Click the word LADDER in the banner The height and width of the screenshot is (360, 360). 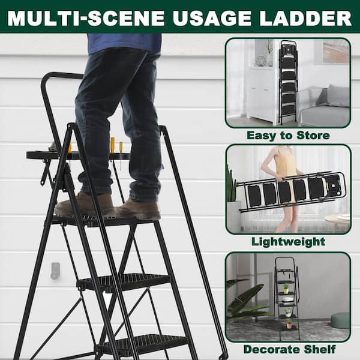pyautogui.click(x=305, y=18)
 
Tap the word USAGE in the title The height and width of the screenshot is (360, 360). pyautogui.click(x=212, y=18)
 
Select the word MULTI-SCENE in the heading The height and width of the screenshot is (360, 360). pyautogui.click(x=86, y=18)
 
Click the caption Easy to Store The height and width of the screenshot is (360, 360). pyautogui.click(x=288, y=136)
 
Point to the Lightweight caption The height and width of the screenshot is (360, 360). pyautogui.click(x=288, y=242)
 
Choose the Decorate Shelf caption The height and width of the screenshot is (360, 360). pyautogui.click(x=290, y=349)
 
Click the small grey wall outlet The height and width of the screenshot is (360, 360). pyautogui.click(x=55, y=271)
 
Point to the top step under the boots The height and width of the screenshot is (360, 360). pyautogui.click(x=103, y=220)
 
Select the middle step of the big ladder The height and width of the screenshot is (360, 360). pyautogui.click(x=124, y=282)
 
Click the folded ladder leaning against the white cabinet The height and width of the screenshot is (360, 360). pyautogui.click(x=289, y=83)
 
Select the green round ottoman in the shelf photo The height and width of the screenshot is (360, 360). pyautogui.click(x=340, y=321)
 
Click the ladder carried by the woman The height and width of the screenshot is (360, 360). pyautogui.click(x=291, y=192)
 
